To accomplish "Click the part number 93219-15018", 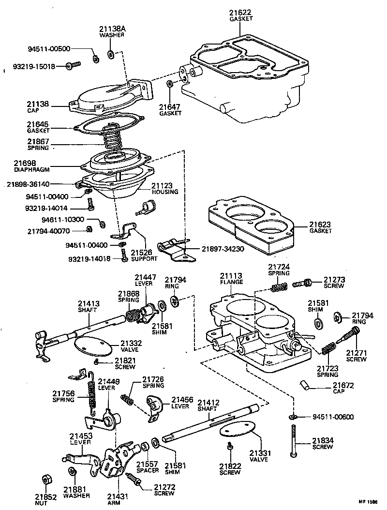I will [x=34, y=66].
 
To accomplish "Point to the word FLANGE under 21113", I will [x=231, y=282].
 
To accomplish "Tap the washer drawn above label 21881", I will [x=73, y=471].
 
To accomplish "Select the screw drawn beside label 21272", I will [x=134, y=479].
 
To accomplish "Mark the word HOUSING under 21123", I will [x=165, y=192].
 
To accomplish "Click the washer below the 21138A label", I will [x=111, y=53].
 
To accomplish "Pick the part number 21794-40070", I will [x=47, y=231].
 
